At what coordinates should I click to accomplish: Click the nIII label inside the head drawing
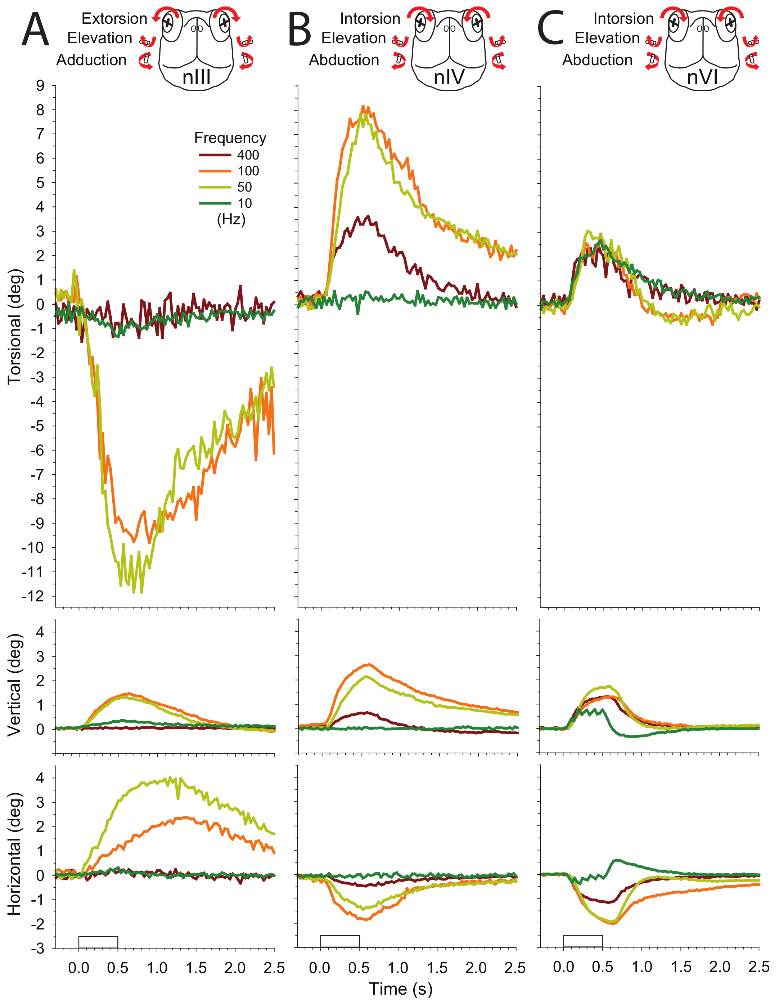click(196, 77)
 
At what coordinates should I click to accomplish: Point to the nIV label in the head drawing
click(449, 77)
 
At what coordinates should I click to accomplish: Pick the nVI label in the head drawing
click(702, 77)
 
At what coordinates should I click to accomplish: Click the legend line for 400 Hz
click(215, 155)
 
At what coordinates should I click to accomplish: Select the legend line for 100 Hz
click(215, 171)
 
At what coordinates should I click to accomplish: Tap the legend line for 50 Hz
click(215, 187)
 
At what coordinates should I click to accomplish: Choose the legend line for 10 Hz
click(215, 203)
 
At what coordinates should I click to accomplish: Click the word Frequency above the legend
click(230, 138)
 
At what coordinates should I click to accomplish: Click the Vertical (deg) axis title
click(15, 685)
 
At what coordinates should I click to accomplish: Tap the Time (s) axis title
click(400, 989)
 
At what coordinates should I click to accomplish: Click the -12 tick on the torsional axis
click(33, 596)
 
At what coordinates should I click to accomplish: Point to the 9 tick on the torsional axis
click(40, 85)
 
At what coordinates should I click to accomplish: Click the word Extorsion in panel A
click(114, 19)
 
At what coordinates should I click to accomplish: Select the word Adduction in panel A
click(91, 60)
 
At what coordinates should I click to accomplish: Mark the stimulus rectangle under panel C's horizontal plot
click(583, 941)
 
